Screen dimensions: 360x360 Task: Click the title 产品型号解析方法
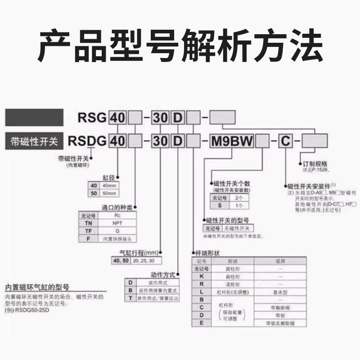tap(180, 46)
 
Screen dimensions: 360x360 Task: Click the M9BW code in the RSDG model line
tap(233, 141)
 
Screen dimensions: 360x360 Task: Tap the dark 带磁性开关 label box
tap(34, 141)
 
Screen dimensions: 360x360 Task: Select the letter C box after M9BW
tap(285, 141)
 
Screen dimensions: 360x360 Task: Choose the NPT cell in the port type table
tap(117, 222)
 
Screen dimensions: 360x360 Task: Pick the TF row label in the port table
tap(89, 230)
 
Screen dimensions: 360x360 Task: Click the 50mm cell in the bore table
tap(109, 193)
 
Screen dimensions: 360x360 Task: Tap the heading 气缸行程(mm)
tap(137, 253)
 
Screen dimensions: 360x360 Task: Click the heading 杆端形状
tap(209, 253)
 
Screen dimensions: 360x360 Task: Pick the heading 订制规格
tap(315, 164)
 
